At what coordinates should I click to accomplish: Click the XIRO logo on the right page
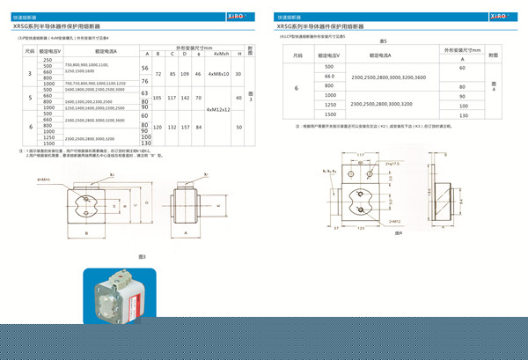(499, 15)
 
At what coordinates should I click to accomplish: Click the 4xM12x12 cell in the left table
(217, 110)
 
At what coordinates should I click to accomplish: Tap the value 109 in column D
(186, 75)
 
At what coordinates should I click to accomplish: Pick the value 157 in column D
(186, 128)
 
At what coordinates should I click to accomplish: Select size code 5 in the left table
(31, 99)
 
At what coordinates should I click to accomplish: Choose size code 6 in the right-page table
(296, 88)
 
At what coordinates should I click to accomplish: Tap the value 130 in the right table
(462, 115)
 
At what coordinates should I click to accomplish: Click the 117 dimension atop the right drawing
(362, 154)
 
